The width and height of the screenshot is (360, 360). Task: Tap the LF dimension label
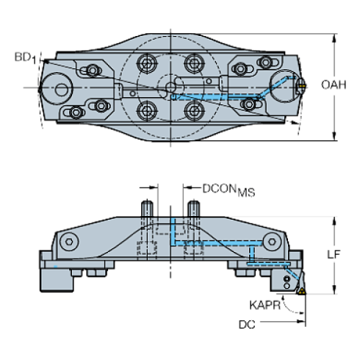click(331, 253)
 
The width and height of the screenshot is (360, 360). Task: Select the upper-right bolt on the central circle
click(194, 62)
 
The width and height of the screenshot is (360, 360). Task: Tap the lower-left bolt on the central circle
click(145, 111)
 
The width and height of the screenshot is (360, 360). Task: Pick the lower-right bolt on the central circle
click(194, 111)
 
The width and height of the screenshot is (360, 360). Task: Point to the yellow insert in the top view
click(303, 87)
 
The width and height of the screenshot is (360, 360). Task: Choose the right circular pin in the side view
click(273, 242)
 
